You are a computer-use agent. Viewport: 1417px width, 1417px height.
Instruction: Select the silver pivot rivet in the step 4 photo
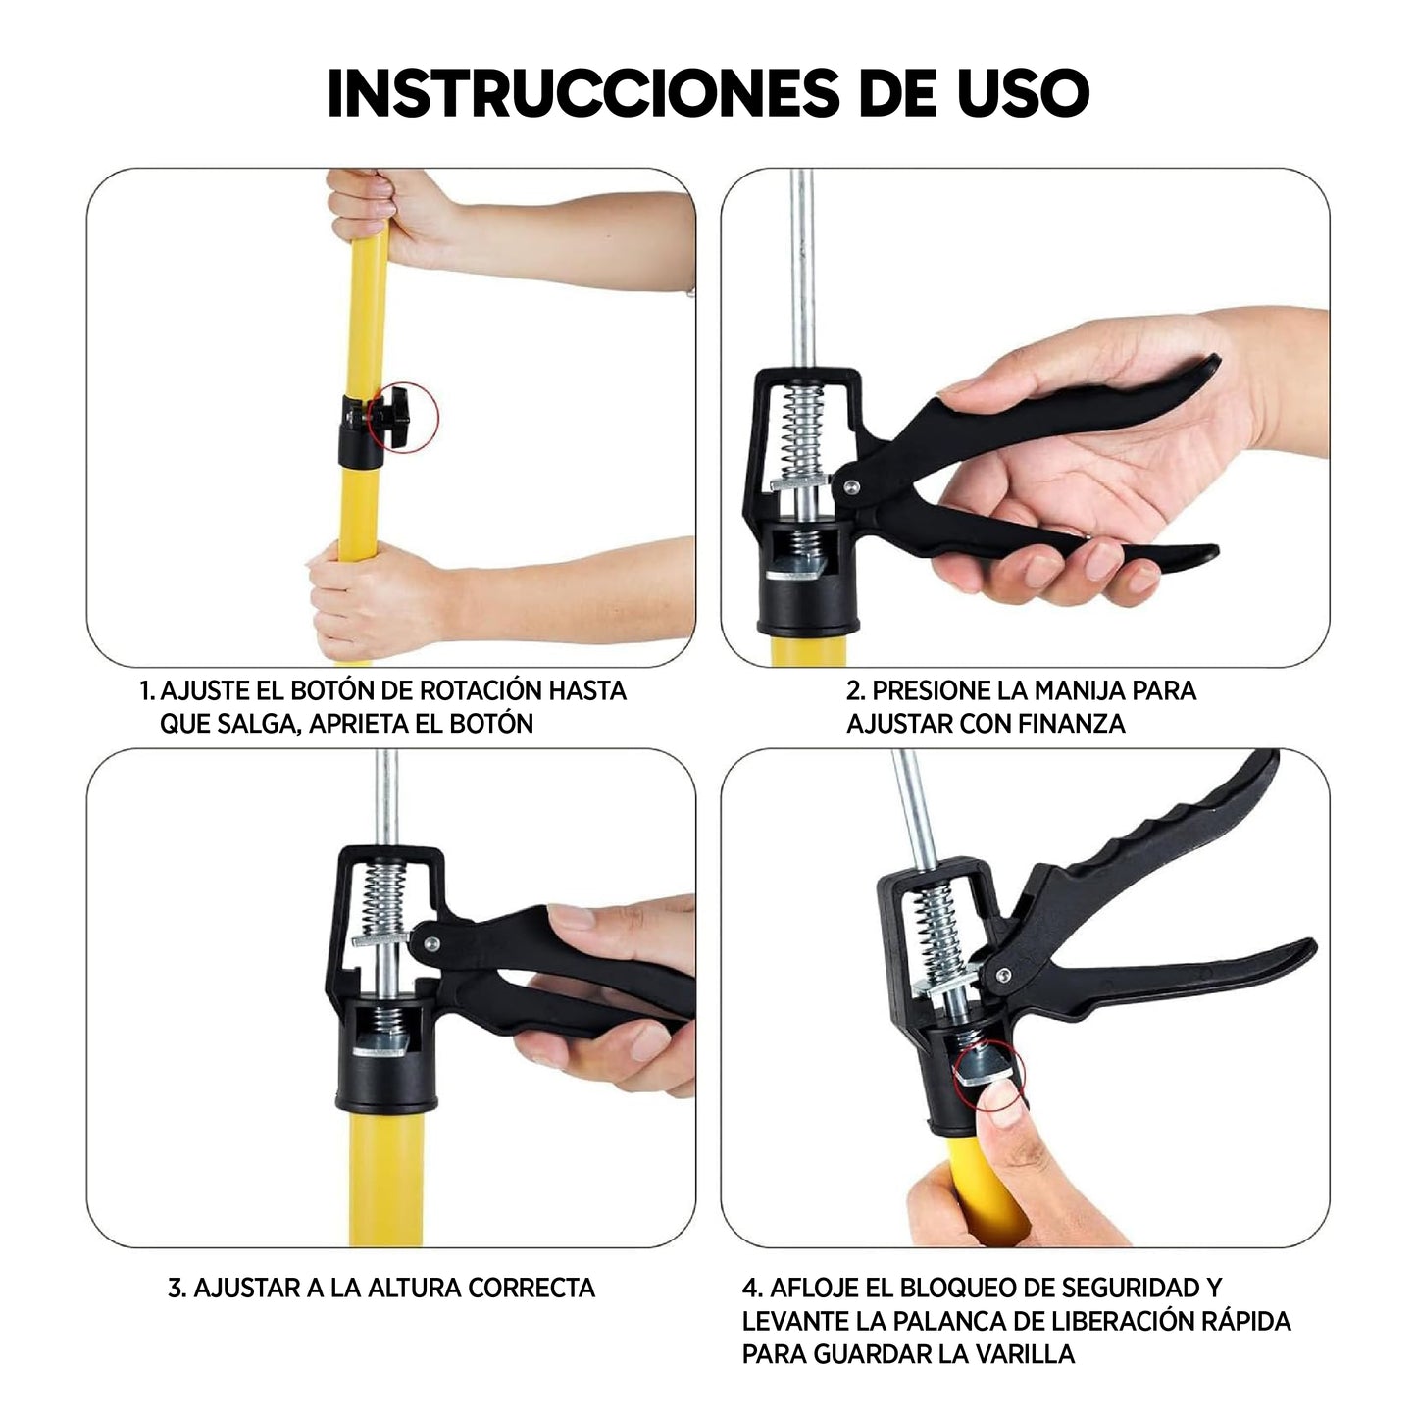pyautogui.click(x=1001, y=976)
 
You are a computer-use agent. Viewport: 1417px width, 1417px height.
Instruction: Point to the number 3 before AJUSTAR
pyautogui.click(x=176, y=1288)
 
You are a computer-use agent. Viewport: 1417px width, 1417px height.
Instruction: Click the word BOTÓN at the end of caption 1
pyautogui.click(x=489, y=724)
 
